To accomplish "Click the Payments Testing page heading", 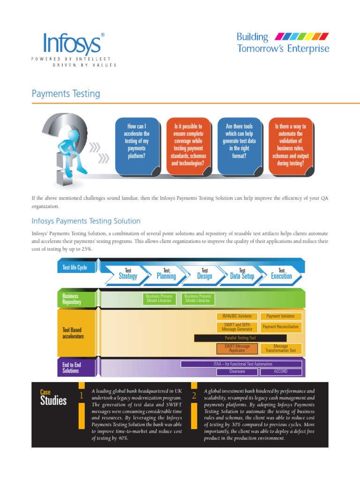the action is point(66,94).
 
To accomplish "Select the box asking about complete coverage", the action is point(188,145).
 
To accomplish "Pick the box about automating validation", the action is point(290,145).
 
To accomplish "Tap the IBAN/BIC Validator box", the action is point(237,316).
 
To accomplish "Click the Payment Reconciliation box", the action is point(280,327).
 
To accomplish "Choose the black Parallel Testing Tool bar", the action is point(240,337).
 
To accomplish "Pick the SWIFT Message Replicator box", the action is point(237,348).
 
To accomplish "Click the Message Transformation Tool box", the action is point(280,348).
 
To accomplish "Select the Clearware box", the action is point(237,371).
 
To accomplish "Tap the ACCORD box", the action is point(280,371).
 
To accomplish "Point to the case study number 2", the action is point(194,396).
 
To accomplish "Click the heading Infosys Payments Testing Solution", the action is point(86,221).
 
